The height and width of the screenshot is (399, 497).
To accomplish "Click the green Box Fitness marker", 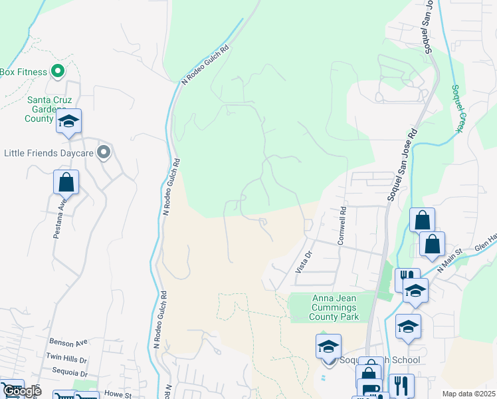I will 57,71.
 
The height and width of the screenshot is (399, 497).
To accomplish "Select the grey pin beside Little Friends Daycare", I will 103,153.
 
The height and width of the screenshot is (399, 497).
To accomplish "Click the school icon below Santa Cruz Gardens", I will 68,122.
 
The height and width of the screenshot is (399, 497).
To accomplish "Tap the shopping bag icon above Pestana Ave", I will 66,182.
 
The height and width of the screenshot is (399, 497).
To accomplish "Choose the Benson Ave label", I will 68,342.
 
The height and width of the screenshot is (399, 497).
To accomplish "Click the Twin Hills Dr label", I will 66,356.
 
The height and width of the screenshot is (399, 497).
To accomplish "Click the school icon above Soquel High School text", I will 328,347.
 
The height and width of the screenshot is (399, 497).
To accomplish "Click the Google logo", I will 21,391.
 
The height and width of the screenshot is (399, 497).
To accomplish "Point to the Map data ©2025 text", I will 468,394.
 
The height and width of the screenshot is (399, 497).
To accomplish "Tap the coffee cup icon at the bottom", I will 369,390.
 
